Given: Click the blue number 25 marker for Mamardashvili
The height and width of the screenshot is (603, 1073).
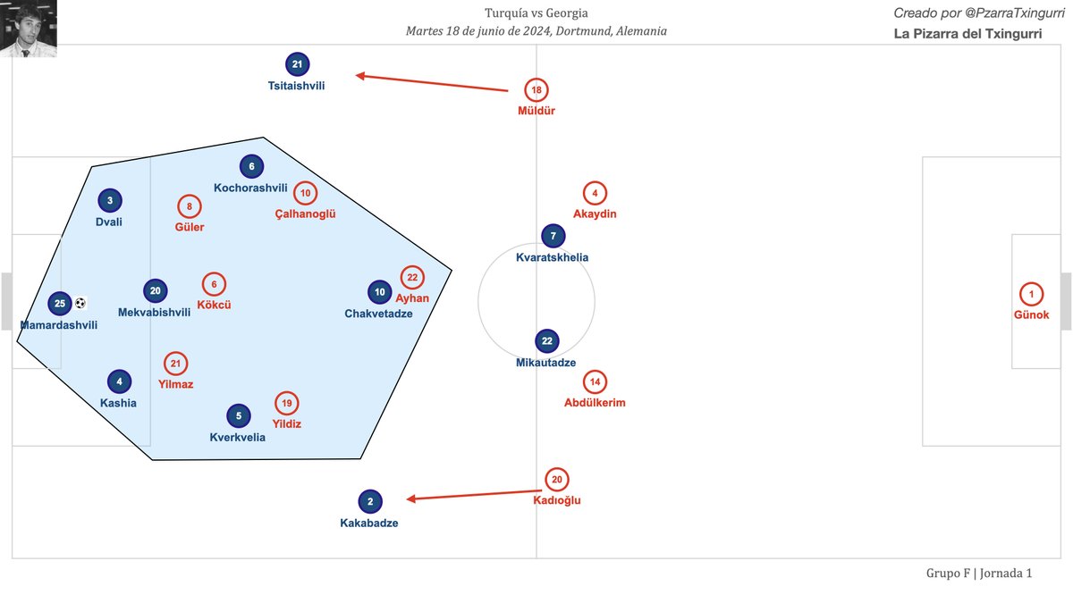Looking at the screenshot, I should point(60,304).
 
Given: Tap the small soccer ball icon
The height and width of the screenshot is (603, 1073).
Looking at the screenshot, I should point(80,303).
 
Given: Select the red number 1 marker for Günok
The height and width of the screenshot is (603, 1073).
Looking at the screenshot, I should point(1031,294).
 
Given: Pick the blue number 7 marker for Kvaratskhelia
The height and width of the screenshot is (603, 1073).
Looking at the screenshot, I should point(553,236).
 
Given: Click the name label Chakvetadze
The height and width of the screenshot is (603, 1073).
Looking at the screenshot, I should point(378,314).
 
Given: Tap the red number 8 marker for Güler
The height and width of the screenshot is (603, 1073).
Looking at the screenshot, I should point(190,206).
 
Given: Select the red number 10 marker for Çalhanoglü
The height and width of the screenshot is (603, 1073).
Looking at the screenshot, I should point(306,193).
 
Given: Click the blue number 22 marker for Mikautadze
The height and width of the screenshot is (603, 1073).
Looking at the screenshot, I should point(547,341).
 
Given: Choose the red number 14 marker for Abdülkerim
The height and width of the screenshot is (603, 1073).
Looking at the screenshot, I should point(595,382).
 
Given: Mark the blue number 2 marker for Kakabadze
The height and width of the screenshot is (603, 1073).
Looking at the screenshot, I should point(369,501).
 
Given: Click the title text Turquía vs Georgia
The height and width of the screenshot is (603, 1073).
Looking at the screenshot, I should point(536,13).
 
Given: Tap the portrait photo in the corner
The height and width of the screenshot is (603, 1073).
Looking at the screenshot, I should point(29,29).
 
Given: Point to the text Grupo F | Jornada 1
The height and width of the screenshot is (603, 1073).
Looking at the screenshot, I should point(979,573).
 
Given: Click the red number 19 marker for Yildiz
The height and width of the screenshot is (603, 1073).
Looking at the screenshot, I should point(286,403).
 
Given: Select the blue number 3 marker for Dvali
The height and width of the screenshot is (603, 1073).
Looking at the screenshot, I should point(109,201).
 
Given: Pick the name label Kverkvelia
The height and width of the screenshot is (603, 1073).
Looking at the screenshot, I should point(237,438).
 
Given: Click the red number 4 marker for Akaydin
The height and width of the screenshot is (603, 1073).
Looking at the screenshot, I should point(595,193).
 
